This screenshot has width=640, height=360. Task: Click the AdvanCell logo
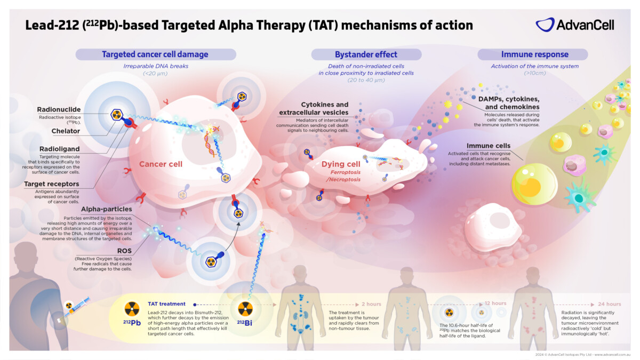click(x=574, y=25)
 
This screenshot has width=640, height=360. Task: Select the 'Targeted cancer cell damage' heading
click(x=155, y=54)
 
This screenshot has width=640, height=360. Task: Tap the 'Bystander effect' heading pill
click(x=366, y=54)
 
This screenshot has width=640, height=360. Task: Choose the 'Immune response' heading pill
click(x=532, y=54)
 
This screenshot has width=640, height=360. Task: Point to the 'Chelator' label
click(x=66, y=131)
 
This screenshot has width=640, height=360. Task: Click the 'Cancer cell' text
click(x=161, y=164)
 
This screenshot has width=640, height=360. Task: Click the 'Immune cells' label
click(x=489, y=146)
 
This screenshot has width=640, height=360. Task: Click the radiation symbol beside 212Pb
click(x=131, y=309)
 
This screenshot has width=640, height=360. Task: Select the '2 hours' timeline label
click(x=371, y=304)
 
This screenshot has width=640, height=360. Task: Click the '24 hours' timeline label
click(x=610, y=304)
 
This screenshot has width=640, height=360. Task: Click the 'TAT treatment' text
click(x=167, y=303)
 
